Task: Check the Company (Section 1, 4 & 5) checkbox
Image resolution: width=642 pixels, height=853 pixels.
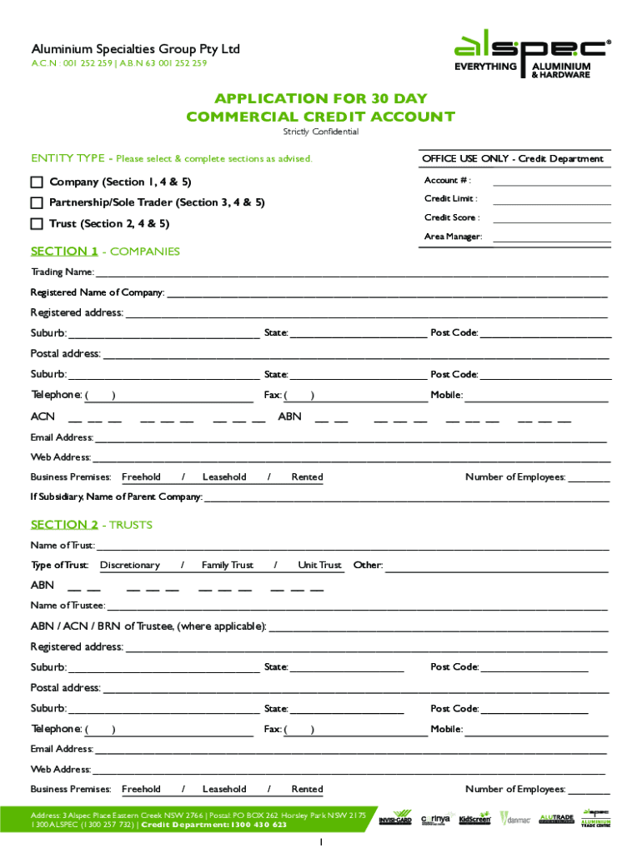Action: coord(37,182)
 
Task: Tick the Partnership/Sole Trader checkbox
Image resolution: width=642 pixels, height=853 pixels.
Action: coord(37,203)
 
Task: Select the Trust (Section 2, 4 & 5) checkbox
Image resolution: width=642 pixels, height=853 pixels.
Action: coord(37,224)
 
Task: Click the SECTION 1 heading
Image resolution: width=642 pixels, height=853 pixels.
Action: coord(64,252)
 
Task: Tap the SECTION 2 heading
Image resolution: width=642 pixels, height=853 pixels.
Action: coord(64,525)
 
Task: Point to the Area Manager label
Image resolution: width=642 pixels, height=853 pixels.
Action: coord(453,237)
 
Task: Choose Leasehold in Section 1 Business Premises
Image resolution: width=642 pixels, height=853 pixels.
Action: coord(224,477)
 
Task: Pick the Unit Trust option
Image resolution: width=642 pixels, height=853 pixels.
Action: coord(320,566)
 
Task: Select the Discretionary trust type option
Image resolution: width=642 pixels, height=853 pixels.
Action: coord(130,566)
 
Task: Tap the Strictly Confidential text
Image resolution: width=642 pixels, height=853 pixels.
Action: coord(321,132)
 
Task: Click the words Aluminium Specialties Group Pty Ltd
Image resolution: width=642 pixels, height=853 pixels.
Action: coord(135,49)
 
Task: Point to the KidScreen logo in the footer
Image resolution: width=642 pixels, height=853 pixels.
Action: coord(475,819)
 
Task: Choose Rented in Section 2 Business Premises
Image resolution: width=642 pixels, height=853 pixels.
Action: coord(307,789)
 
